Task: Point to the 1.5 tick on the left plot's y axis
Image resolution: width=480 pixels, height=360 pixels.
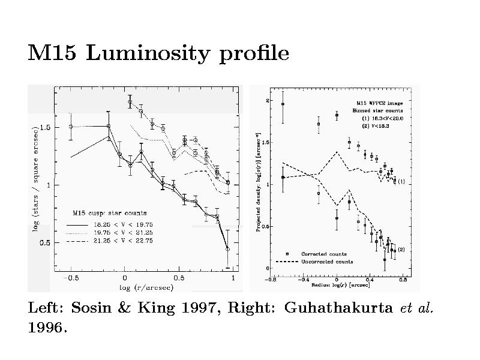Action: (x=45, y=127)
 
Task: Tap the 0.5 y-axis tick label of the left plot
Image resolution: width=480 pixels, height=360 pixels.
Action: (x=45, y=242)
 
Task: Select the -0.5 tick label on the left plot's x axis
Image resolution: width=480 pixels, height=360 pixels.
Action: (x=71, y=278)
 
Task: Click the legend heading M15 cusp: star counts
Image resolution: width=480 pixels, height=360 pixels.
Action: (x=110, y=212)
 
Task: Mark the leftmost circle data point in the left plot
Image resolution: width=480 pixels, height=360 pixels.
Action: (x=71, y=127)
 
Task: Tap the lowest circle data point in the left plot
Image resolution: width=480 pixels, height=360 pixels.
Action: (x=227, y=248)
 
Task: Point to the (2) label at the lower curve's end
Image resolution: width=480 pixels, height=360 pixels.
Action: (x=401, y=249)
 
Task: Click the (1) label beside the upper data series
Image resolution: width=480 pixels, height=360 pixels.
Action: (x=401, y=181)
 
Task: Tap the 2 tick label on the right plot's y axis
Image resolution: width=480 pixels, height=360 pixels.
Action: (x=268, y=100)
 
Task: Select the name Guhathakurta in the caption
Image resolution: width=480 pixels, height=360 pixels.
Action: (x=338, y=308)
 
